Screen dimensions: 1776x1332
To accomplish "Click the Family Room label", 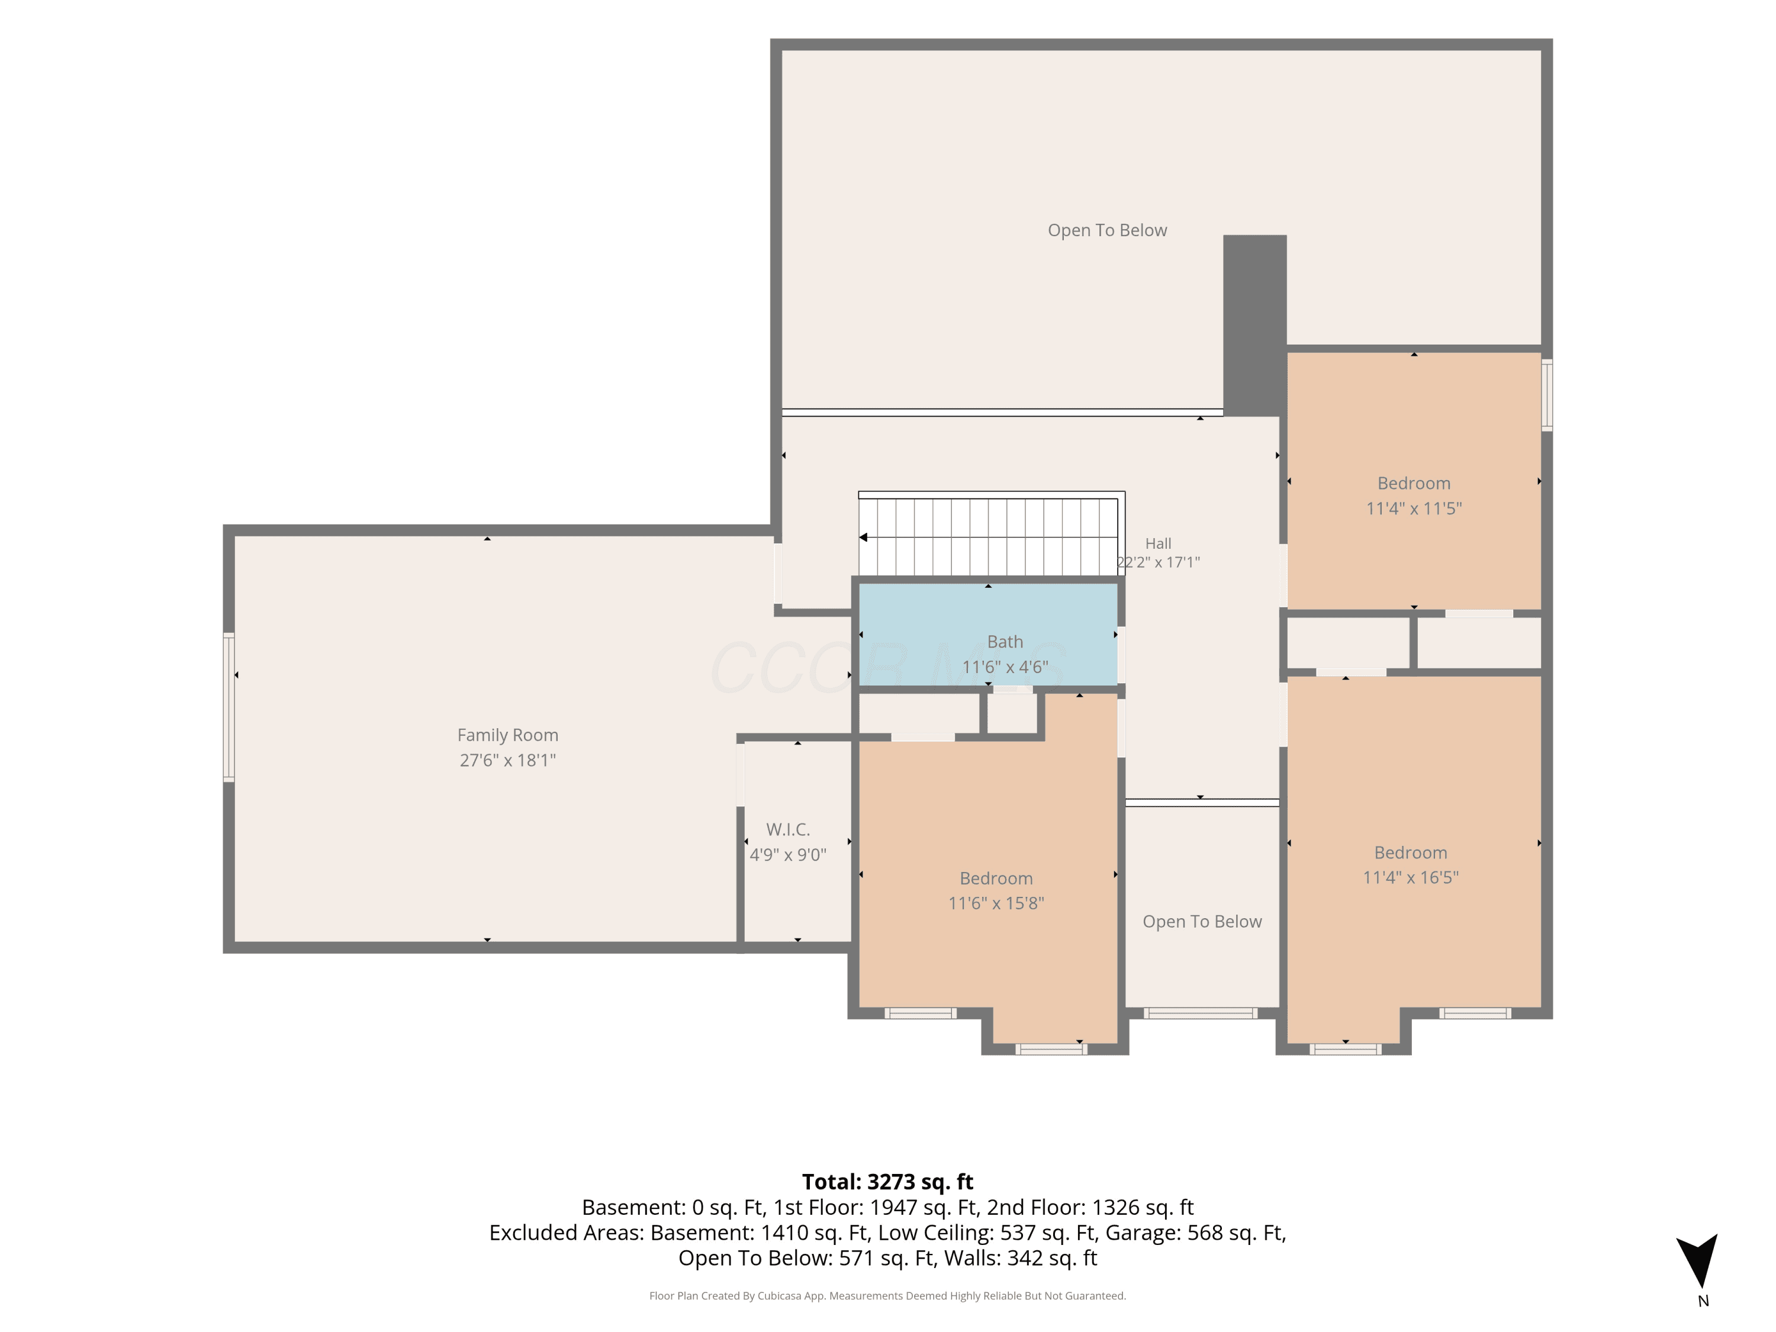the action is tap(507, 735).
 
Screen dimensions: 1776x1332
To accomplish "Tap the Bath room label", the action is tap(1005, 642).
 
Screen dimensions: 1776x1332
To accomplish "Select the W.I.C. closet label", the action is tap(787, 829).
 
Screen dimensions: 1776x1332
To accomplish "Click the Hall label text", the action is tap(1158, 543).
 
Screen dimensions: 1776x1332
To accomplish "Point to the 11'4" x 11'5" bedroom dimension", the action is tap(1413, 508).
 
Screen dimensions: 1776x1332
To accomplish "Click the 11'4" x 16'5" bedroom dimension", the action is tap(1410, 877).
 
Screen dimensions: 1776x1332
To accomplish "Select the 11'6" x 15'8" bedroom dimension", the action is tap(996, 903).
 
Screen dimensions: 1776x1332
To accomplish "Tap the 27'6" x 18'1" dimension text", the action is tap(507, 760).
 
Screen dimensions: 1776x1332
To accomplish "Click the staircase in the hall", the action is tap(989, 536).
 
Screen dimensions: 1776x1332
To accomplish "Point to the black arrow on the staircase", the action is tap(863, 537).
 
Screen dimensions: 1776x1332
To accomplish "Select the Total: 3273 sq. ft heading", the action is tap(887, 1182).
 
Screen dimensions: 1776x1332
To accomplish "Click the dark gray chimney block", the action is tap(1254, 325).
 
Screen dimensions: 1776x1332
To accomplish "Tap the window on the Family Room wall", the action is tap(229, 706).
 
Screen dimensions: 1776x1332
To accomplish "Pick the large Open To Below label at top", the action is tap(1107, 230).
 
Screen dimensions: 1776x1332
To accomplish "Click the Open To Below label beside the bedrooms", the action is tap(1202, 922).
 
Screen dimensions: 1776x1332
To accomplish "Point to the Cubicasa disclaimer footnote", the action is tap(887, 1295).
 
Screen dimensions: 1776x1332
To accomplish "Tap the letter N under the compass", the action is tap(1703, 1301).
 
